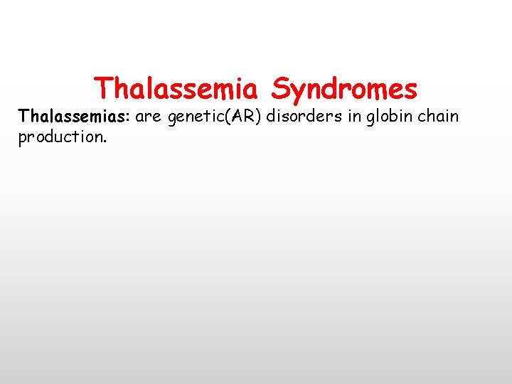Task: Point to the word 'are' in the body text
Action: pyautogui.click(x=149, y=117)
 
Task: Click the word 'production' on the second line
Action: pyautogui.click(x=60, y=137)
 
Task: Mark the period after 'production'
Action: pyautogui.click(x=105, y=141)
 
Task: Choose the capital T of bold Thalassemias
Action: pyautogui.click(x=23, y=116)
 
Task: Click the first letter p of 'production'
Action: pyautogui.click(x=23, y=138)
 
